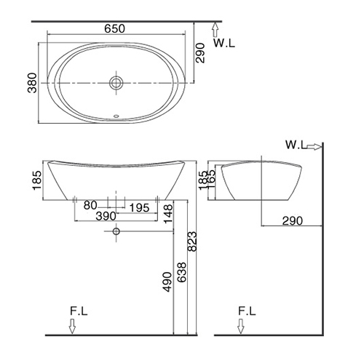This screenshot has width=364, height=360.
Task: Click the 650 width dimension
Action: pos(114,28)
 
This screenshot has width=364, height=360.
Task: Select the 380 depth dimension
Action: pos(32,83)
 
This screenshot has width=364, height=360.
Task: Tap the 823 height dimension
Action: pos(192,241)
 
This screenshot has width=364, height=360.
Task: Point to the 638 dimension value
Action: pos(182,272)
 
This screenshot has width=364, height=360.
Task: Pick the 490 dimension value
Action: pos(167,282)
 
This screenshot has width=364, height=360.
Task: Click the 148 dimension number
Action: pos(168,214)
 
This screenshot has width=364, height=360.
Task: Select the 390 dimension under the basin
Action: pos(106,216)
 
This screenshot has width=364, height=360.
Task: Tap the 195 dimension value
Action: pos(139,208)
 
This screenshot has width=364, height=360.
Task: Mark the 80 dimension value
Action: pos(90,205)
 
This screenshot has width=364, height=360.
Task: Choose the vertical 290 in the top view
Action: pos(200,53)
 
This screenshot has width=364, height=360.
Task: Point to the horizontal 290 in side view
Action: pos(293,221)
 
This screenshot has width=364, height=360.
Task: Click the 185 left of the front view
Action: pos(37,180)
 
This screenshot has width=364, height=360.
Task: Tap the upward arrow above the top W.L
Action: pos(215,30)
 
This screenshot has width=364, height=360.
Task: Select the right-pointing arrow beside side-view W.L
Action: pos(314,146)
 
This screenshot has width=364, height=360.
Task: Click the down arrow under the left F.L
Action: pos(72,326)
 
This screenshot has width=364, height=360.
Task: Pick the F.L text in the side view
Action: pos(247,311)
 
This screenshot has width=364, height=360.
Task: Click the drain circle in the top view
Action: pos(116,83)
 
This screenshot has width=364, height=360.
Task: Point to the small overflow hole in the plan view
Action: pos(116,116)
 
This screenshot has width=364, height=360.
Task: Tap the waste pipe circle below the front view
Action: pos(116,231)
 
